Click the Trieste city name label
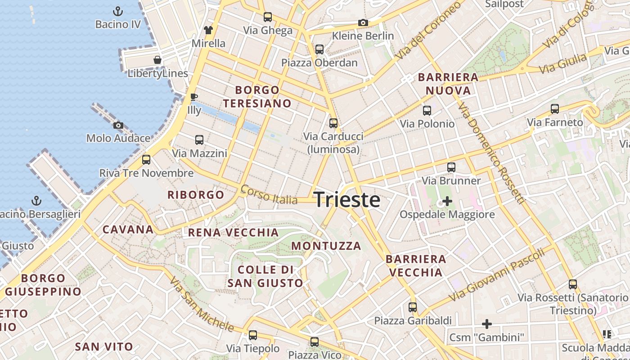[347, 200]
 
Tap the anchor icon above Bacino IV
[118, 11]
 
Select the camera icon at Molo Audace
[118, 125]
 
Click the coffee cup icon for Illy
[193, 97]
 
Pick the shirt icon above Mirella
[208, 30]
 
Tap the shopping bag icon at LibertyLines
[157, 60]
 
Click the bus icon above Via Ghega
[268, 17]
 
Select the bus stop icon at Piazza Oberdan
[319, 49]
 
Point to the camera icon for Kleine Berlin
[363, 22]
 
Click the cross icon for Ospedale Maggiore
[447, 201]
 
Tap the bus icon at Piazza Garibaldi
[413, 307]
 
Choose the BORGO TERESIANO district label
[257, 97]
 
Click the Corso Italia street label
[269, 195]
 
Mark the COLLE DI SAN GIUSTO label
[265, 276]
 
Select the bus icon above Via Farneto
[555, 109]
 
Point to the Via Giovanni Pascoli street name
[497, 275]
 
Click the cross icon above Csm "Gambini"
[486, 324]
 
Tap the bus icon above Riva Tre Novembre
[146, 159]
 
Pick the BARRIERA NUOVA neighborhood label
[448, 84]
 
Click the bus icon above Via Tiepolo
[253, 335]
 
